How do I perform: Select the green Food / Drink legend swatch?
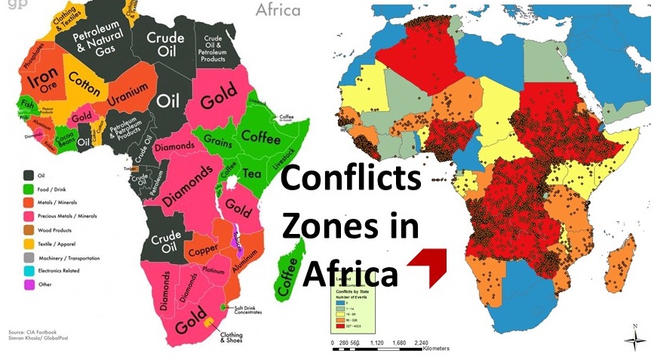point(29,189)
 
